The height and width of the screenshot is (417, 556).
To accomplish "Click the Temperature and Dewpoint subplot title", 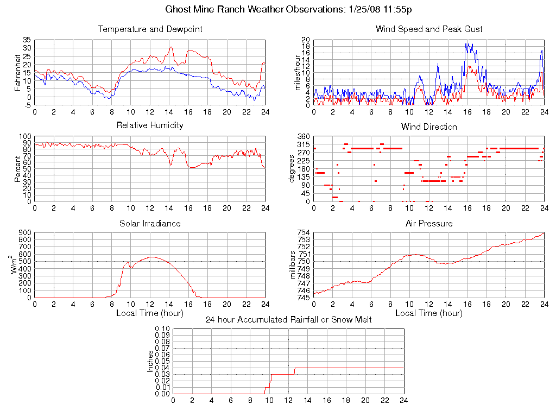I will point(150,29).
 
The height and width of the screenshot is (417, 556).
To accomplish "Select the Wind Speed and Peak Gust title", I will point(429,29).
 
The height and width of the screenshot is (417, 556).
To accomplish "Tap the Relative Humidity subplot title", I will point(150,125).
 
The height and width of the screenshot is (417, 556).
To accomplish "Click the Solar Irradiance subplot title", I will point(150,223).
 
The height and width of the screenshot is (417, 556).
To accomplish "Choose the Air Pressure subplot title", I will point(429,223).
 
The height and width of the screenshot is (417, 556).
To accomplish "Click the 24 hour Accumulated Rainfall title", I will point(288,319).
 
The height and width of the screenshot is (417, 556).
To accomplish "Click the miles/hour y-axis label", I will point(297,72).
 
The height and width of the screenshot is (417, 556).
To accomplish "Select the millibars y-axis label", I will point(293,265).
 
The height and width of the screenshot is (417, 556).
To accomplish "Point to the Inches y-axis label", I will point(150,361).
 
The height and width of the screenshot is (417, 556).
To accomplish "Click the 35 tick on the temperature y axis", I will point(27,40).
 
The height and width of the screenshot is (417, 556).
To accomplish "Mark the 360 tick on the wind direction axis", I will point(303,136).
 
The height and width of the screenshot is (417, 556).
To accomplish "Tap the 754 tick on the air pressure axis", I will point(303,233).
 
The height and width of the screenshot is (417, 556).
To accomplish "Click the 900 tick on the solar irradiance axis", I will point(25,233).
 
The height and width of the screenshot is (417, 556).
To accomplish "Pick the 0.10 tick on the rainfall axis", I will point(162,328).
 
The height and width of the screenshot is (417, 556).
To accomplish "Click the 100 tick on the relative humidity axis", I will point(25,136).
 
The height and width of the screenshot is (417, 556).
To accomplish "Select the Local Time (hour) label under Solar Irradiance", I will point(150,313).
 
